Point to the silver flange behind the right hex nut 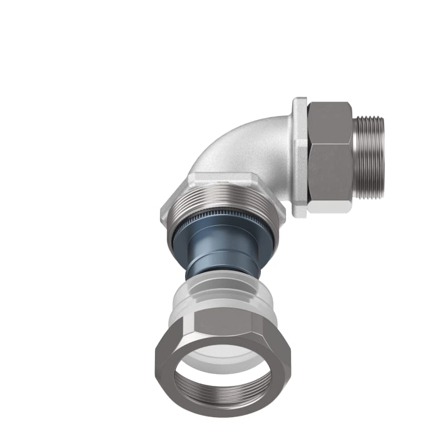(x=300, y=156)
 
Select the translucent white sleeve (x=223, y=293)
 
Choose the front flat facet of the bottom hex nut (x=223, y=322)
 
